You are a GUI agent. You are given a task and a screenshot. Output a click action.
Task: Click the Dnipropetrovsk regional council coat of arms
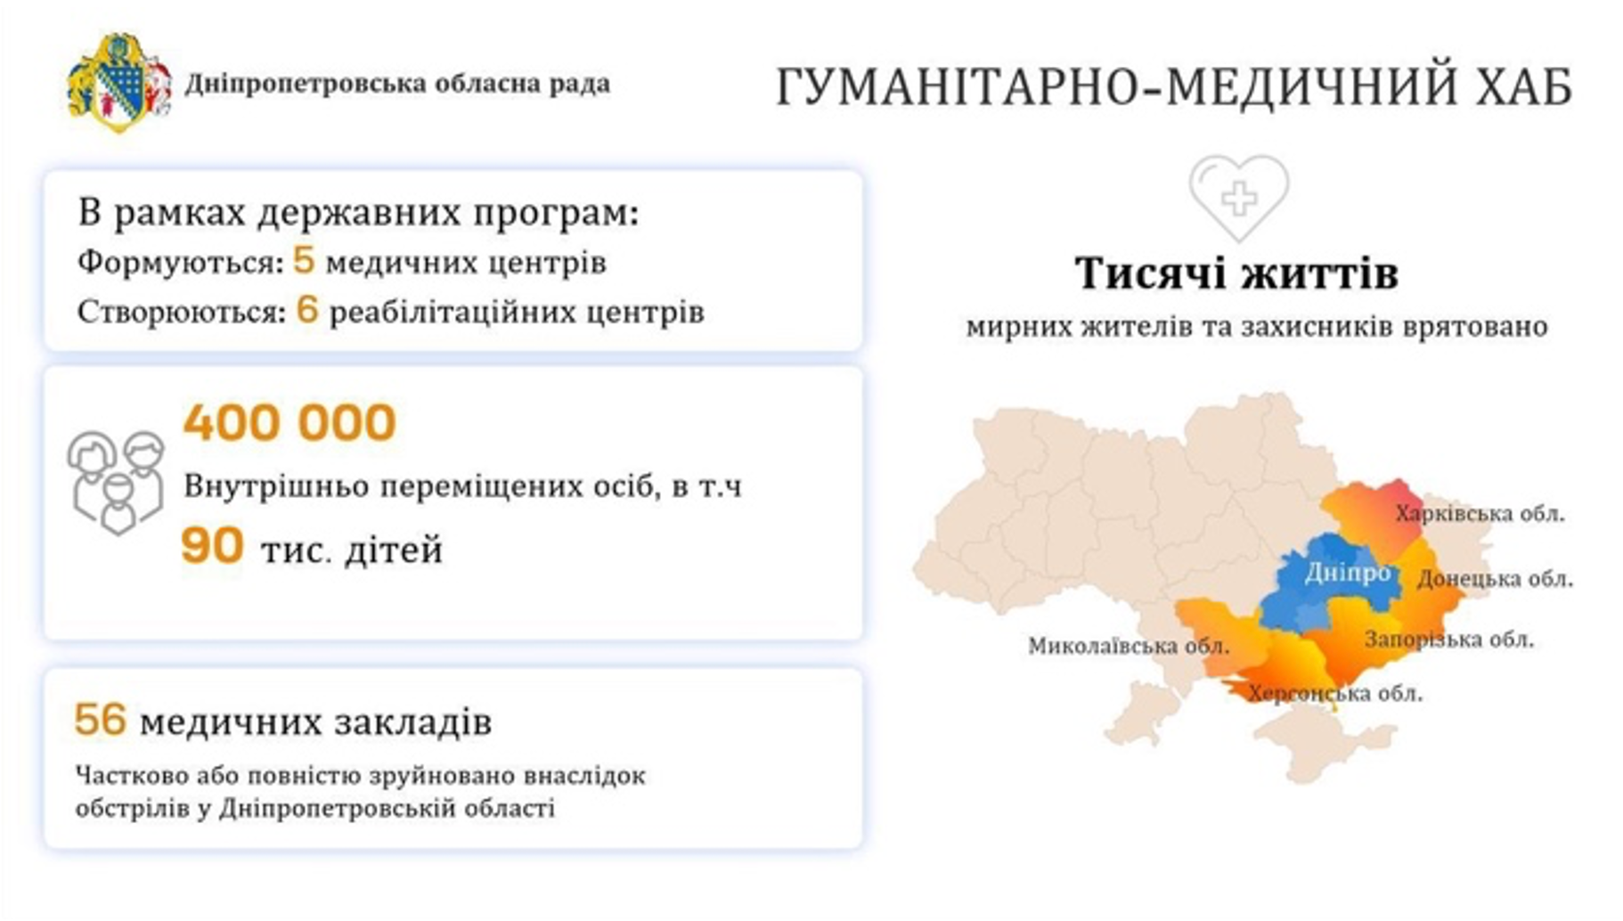coord(119,83)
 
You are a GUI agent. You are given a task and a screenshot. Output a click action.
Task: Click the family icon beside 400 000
coord(116,482)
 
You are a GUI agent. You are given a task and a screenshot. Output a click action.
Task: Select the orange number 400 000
coord(290,422)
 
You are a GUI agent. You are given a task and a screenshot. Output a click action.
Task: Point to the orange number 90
coord(212,545)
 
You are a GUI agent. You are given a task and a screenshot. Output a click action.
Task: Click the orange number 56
coord(100,720)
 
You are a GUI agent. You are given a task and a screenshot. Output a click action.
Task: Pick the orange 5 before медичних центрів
coord(304,260)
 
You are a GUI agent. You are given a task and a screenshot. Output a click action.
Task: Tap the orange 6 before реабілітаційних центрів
coord(307,310)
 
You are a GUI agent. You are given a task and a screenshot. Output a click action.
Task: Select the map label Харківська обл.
coord(1480,514)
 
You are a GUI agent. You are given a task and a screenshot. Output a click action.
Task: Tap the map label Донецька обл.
coord(1495,579)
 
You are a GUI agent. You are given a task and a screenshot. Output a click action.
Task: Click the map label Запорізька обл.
coord(1449,640)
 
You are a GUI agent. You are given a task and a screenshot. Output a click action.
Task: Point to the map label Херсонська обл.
coord(1335,693)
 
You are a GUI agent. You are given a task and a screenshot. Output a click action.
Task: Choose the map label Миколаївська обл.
coord(1129,646)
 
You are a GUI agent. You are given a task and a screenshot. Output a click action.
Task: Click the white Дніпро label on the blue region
coord(1348,573)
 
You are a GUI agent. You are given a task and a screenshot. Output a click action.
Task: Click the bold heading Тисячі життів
coord(1236,273)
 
